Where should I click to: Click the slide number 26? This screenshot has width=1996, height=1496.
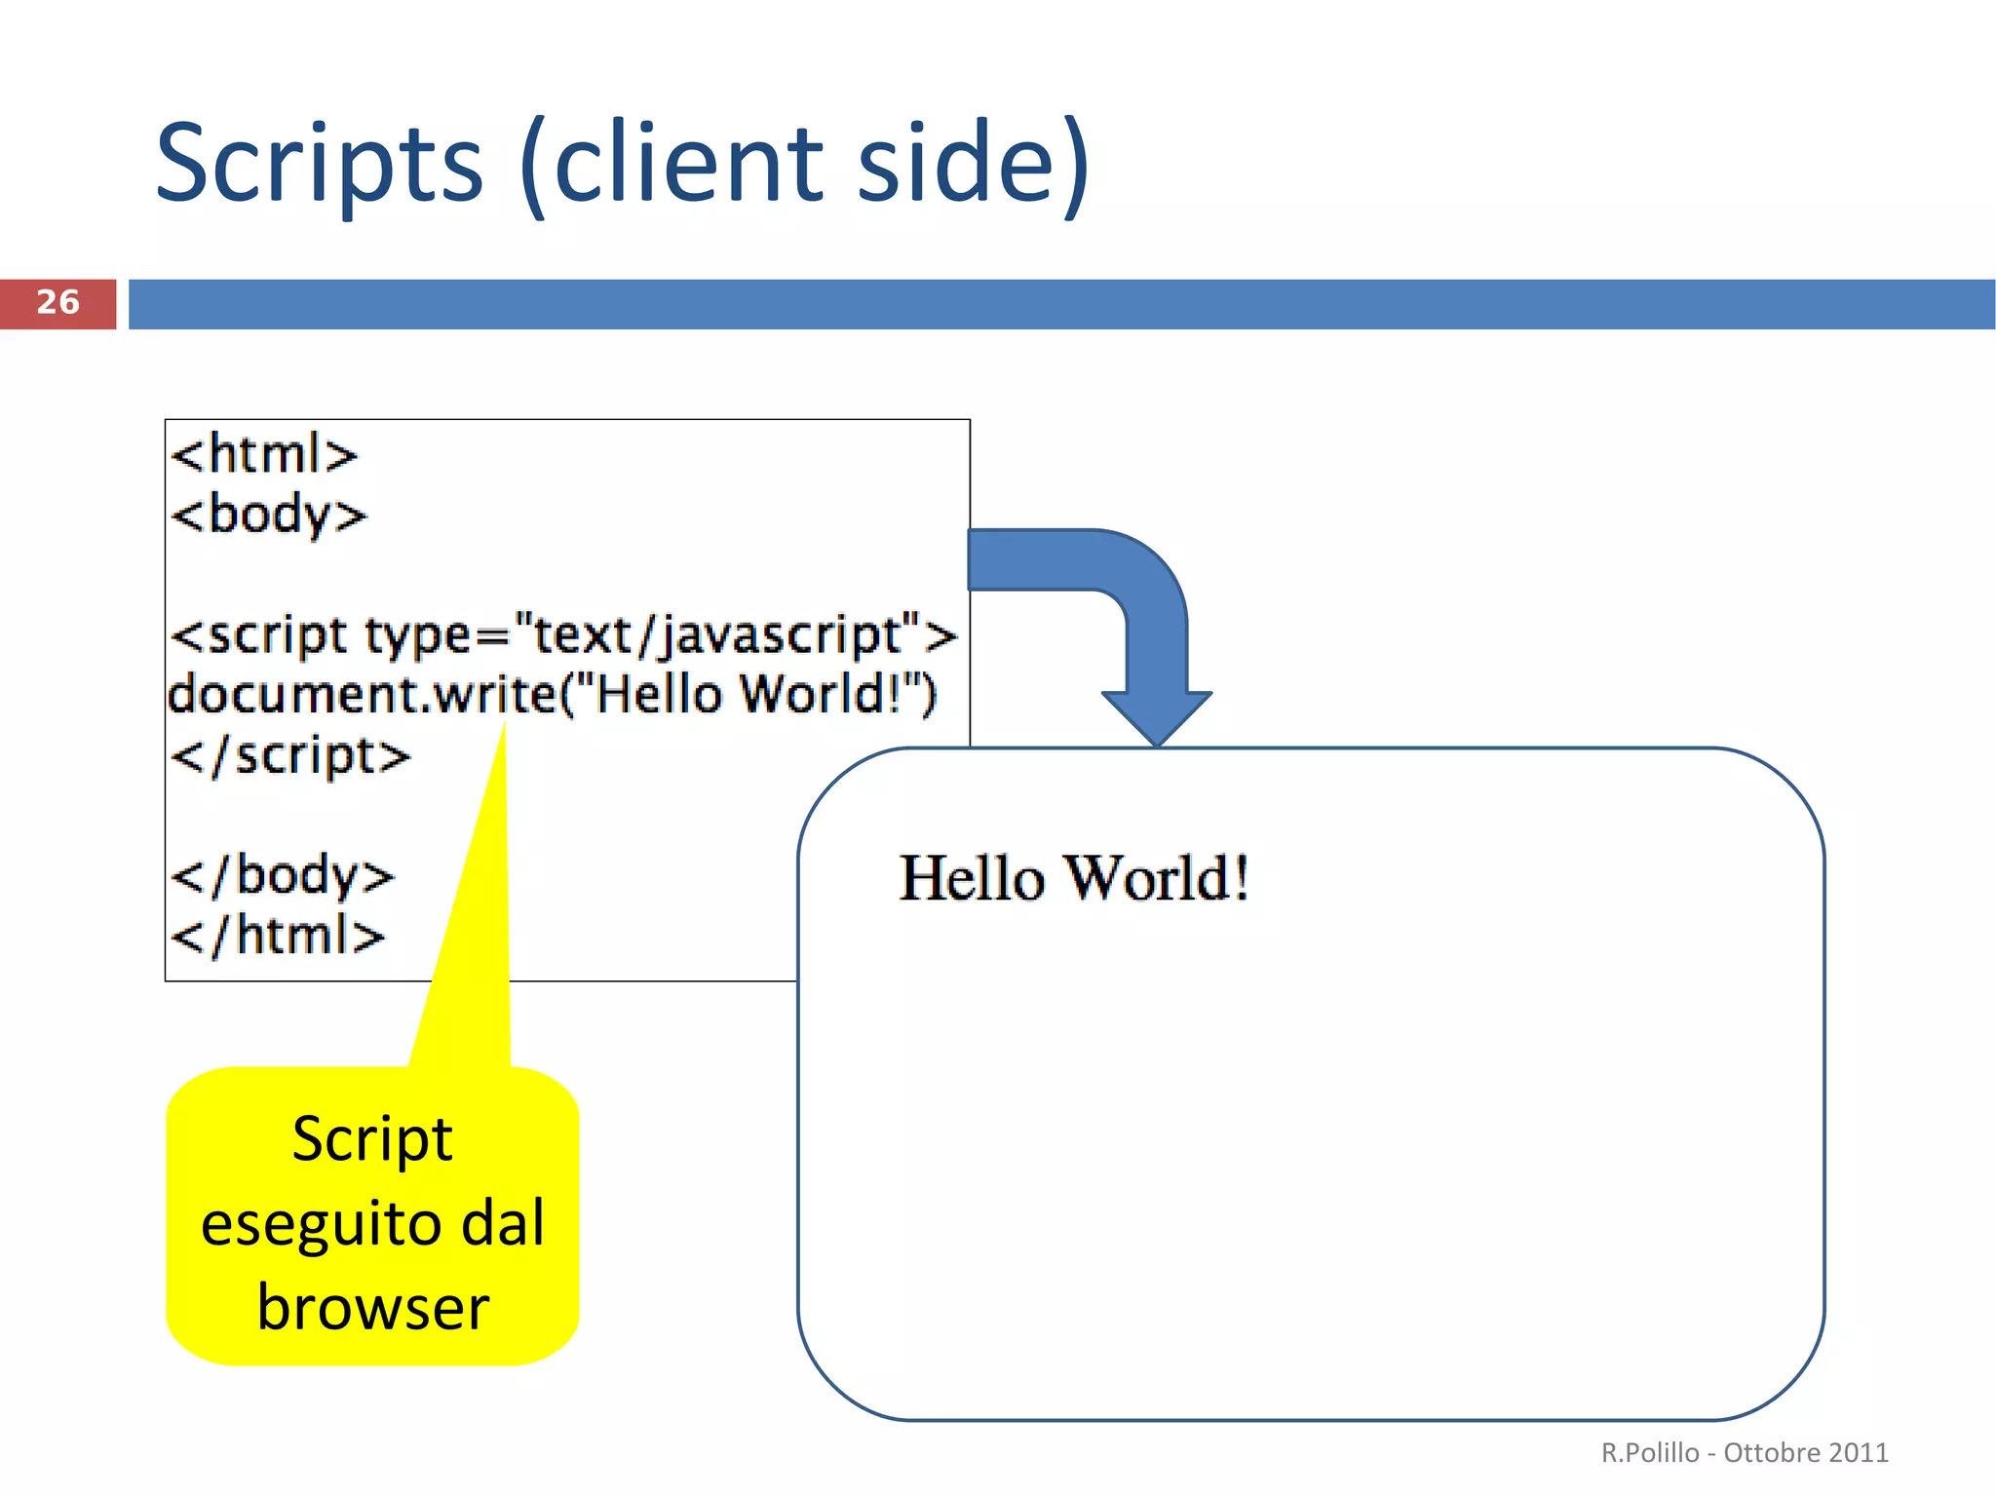(x=58, y=302)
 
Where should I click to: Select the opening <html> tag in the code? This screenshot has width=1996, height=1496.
(x=264, y=454)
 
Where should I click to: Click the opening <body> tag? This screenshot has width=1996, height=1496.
(x=268, y=515)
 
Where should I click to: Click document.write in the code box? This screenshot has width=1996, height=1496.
(x=362, y=695)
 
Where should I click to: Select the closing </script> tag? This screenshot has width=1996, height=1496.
(x=290, y=756)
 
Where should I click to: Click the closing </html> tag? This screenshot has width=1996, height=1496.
(x=278, y=936)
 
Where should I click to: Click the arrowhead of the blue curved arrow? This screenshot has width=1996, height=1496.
(x=1157, y=716)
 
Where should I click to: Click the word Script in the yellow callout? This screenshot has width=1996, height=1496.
(x=372, y=1139)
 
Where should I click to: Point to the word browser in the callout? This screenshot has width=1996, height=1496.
(x=372, y=1308)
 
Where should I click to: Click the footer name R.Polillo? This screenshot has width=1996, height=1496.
(x=1649, y=1452)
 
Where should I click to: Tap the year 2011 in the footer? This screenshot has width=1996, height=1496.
(x=1859, y=1452)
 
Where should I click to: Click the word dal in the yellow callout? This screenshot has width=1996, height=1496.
(x=502, y=1223)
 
